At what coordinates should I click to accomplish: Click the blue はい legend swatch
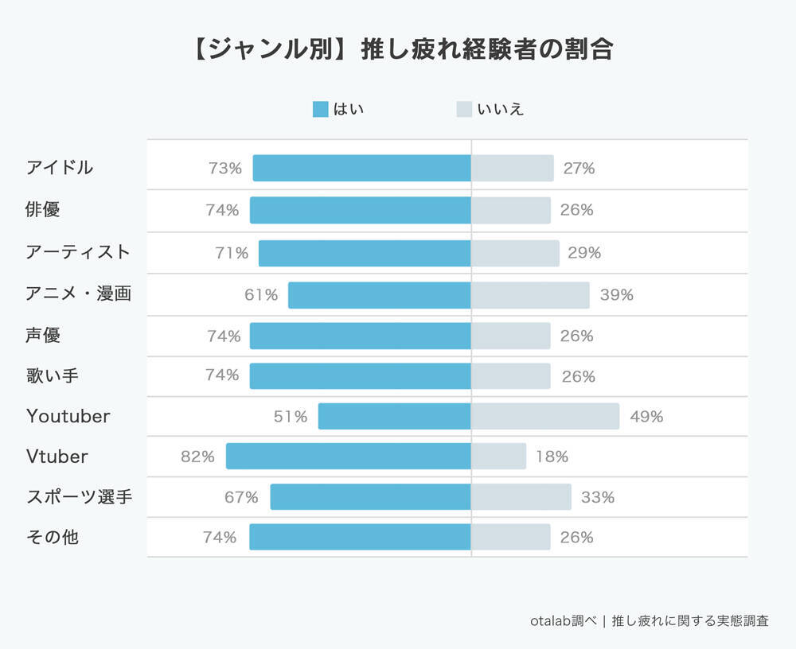(320, 110)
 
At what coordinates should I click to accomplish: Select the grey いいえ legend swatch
(464, 110)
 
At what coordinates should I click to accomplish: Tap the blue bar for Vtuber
(349, 457)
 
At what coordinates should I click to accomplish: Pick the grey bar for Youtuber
(545, 416)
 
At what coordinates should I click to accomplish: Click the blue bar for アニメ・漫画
(380, 295)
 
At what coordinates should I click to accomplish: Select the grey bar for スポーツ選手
(521, 497)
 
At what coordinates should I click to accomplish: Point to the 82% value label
(197, 457)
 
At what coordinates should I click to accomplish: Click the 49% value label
(646, 416)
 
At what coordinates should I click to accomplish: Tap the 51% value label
(291, 416)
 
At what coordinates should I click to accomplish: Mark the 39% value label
(617, 295)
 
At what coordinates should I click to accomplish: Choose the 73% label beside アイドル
(225, 169)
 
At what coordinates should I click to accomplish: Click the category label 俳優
(43, 210)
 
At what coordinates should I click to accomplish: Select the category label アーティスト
(78, 252)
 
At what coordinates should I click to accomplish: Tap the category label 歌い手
(52, 375)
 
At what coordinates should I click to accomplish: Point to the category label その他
(52, 537)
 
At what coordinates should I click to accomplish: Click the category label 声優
(43, 336)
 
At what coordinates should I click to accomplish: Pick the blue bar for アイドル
(362, 169)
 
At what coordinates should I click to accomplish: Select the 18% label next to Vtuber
(552, 457)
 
